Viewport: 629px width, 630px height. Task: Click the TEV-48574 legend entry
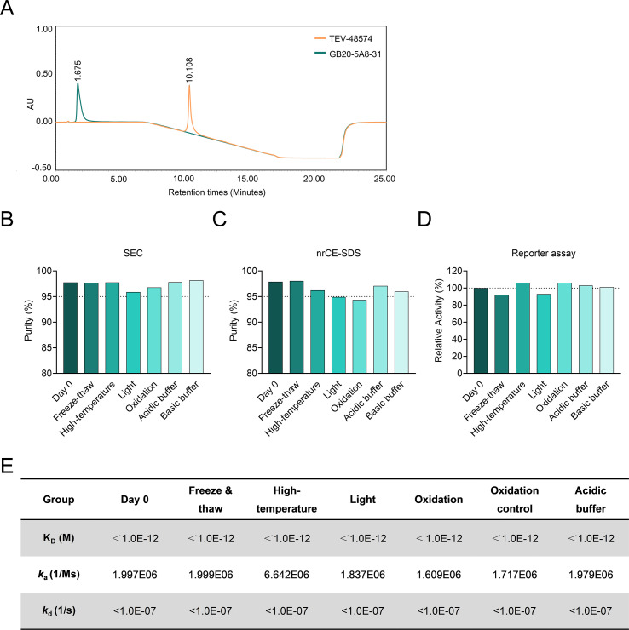pyautogui.click(x=343, y=38)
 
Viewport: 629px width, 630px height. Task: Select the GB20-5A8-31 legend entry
pyautogui.click(x=348, y=54)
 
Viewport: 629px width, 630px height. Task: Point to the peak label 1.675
pyautogui.click(x=78, y=71)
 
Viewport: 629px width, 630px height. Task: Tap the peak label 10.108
pyautogui.click(x=189, y=70)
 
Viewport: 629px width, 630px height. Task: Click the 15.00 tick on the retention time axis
pyautogui.click(x=247, y=179)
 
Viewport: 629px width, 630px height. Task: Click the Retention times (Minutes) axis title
pyautogui.click(x=216, y=192)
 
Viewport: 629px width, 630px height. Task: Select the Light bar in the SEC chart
pyautogui.click(x=134, y=333)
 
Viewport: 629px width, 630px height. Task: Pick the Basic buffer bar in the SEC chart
pyautogui.click(x=196, y=327)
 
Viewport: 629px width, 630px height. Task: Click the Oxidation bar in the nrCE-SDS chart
pyautogui.click(x=360, y=336)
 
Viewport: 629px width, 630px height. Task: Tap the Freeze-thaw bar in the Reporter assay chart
pyautogui.click(x=502, y=334)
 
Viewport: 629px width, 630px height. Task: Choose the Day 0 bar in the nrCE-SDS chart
pyautogui.click(x=275, y=328)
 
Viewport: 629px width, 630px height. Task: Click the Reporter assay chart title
pyautogui.click(x=543, y=253)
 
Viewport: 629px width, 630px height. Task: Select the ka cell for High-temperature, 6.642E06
pyautogui.click(x=286, y=575)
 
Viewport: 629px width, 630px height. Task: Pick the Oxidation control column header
pyautogui.click(x=515, y=500)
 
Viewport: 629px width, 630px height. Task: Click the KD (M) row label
pyautogui.click(x=59, y=538)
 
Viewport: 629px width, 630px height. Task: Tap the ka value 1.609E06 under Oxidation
pyautogui.click(x=439, y=575)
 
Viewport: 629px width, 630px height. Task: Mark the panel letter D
pyautogui.click(x=424, y=220)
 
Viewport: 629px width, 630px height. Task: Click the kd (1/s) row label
pyautogui.click(x=59, y=610)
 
